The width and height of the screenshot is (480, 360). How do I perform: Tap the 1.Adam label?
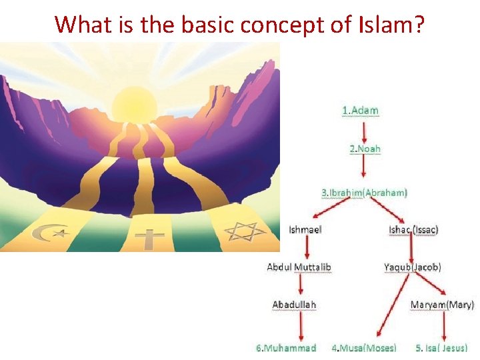(x=360, y=111)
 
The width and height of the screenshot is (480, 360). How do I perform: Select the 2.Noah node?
(x=365, y=149)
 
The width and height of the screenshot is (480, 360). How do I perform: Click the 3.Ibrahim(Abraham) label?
(x=364, y=193)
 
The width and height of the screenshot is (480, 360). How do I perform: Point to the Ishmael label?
(x=305, y=230)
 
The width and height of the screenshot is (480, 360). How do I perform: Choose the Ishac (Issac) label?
(x=413, y=230)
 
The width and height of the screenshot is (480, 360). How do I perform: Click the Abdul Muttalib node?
(x=299, y=267)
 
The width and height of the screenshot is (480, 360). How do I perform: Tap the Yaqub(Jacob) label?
(x=412, y=267)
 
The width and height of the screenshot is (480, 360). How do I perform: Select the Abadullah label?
(x=294, y=305)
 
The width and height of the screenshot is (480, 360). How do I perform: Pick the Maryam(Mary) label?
(x=442, y=305)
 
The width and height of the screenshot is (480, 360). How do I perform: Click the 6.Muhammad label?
(x=286, y=348)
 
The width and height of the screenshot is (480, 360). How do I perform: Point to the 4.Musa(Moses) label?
(x=364, y=348)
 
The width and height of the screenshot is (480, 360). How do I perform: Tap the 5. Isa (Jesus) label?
(x=441, y=348)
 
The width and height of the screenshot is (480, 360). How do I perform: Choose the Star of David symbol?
(x=244, y=231)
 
